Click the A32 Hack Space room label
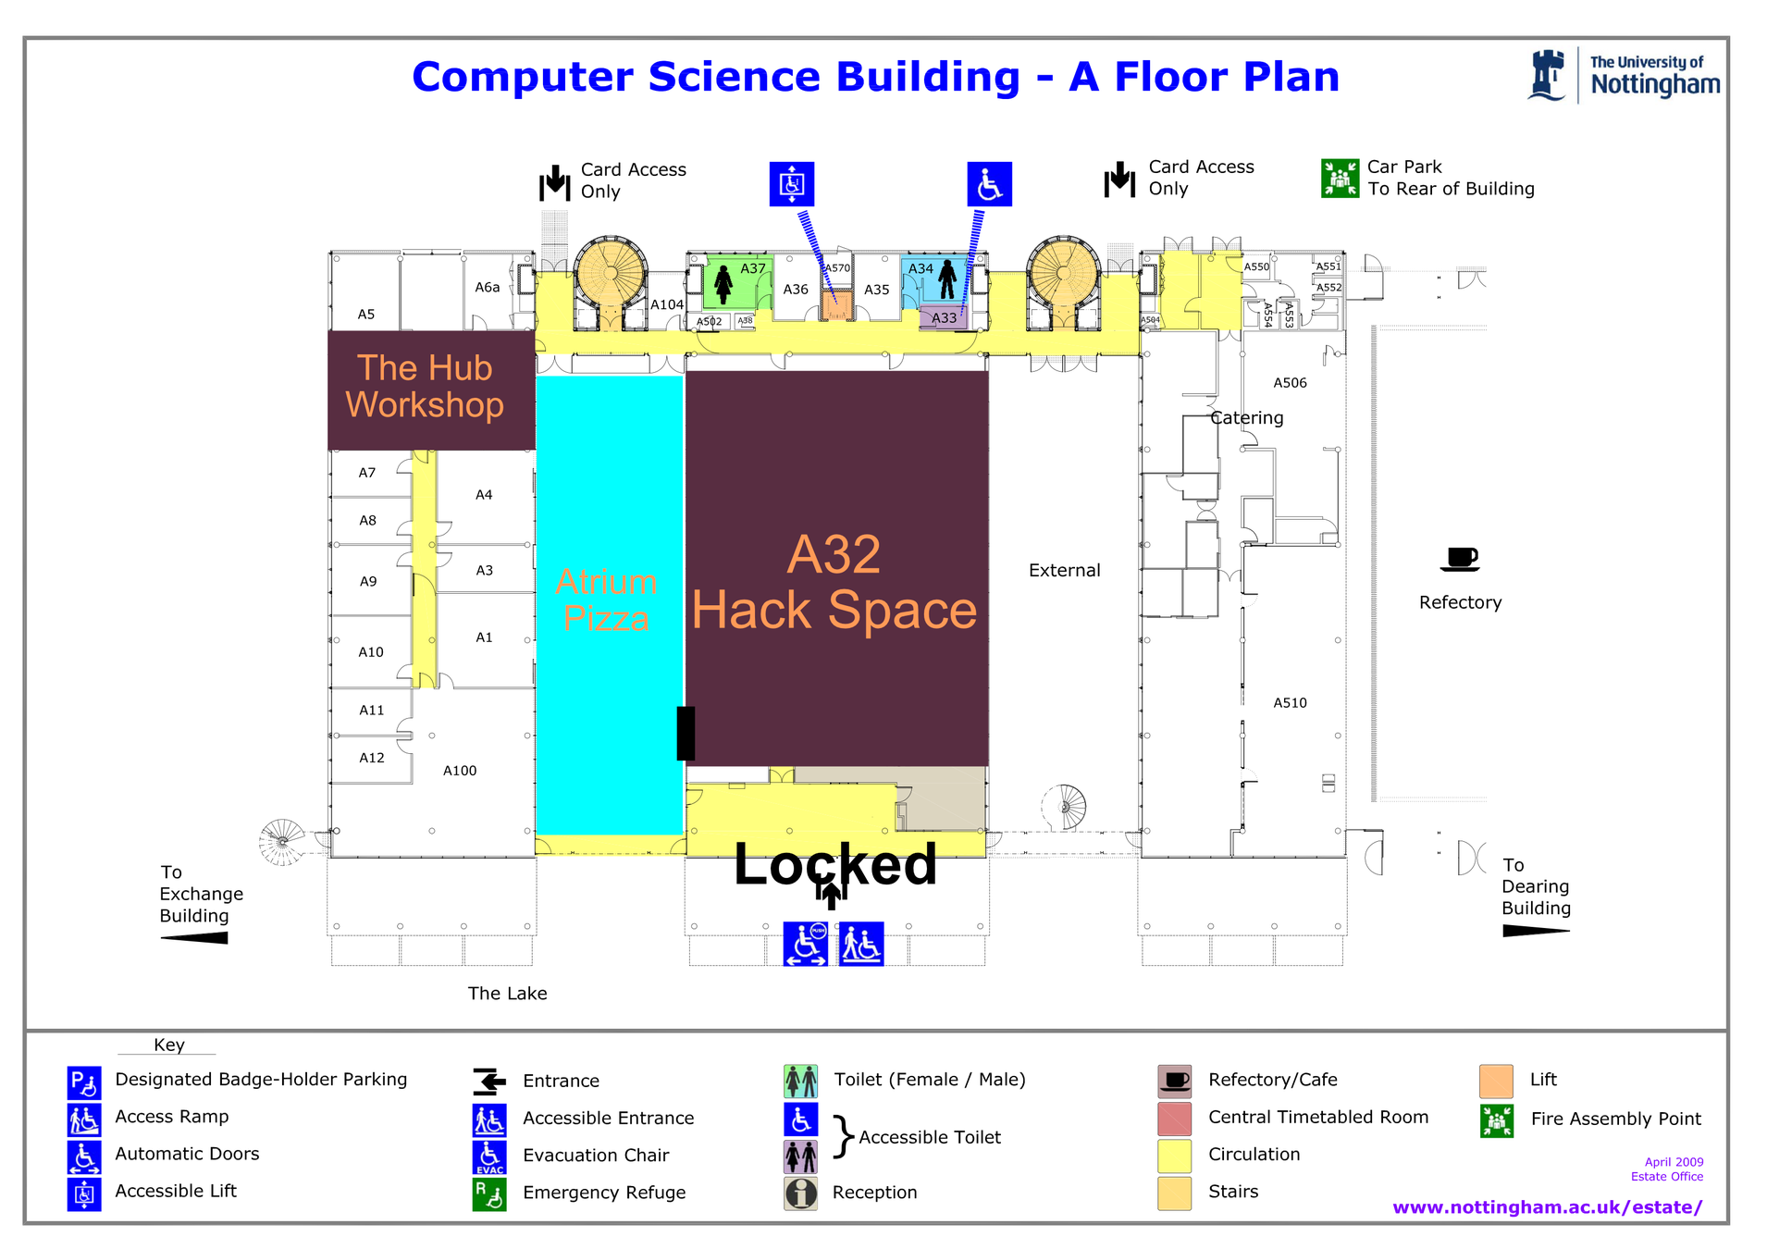click(834, 583)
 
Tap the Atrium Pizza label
click(606, 600)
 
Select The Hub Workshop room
click(425, 387)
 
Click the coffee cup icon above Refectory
click(1460, 559)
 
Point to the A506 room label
click(1290, 383)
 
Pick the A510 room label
click(1290, 703)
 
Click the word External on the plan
click(1064, 571)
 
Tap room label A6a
click(488, 288)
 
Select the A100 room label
click(460, 771)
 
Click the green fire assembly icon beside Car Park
click(1340, 179)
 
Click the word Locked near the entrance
click(834, 864)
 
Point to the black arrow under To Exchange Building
click(195, 938)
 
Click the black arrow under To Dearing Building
click(1535, 931)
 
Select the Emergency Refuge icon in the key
click(489, 1193)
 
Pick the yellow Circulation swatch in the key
click(1174, 1156)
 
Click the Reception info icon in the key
click(801, 1193)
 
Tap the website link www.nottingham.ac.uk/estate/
click(1547, 1207)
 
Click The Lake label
click(507, 994)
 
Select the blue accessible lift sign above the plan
click(792, 184)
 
